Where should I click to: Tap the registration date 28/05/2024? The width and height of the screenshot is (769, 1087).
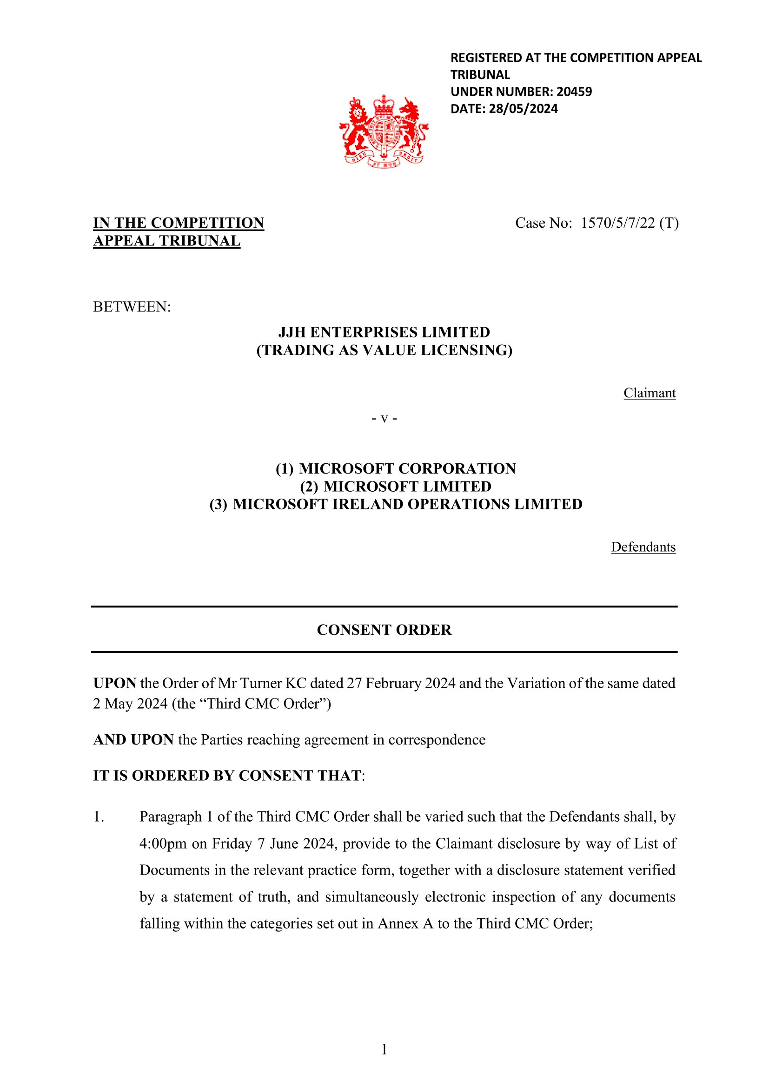tap(523, 109)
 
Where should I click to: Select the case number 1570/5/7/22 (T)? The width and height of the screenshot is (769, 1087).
tap(630, 223)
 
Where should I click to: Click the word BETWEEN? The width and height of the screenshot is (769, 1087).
tap(131, 307)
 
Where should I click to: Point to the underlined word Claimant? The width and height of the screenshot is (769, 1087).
tap(649, 393)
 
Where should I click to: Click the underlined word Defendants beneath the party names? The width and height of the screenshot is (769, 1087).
tap(643, 547)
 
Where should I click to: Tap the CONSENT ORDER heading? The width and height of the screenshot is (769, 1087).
tap(384, 630)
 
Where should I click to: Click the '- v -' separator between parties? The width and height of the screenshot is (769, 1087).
tap(384, 419)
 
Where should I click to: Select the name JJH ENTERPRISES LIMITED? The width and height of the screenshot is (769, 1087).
tap(384, 332)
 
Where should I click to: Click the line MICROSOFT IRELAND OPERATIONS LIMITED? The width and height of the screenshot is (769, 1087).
tap(407, 504)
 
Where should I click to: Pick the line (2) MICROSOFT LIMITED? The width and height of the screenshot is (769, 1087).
tap(396, 486)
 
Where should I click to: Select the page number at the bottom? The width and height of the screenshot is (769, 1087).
tap(384, 1049)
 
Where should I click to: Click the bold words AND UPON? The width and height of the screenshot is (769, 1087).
tap(133, 739)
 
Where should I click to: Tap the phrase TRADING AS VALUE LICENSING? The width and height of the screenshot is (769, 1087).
tap(384, 350)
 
